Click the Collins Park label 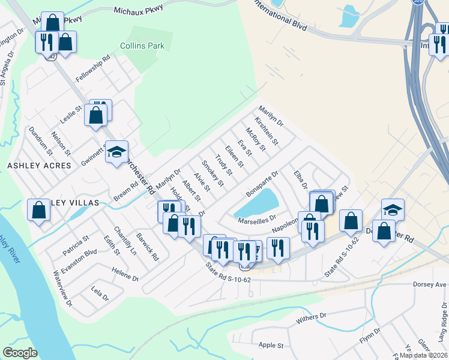(x=142, y=46)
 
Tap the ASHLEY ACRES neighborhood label (x=39, y=165)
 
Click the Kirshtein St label (x=266, y=131)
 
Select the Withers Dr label (x=311, y=318)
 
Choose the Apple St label (x=271, y=346)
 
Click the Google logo (x=20, y=353)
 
